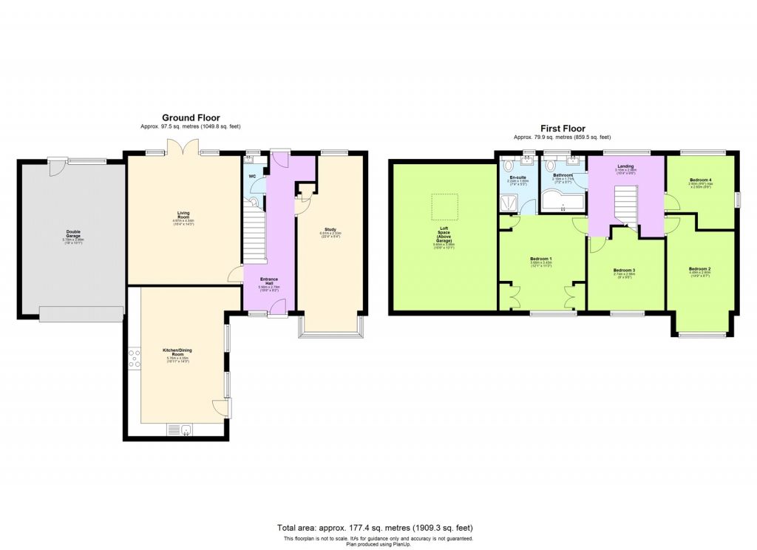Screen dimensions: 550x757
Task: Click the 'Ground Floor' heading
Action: pyautogui.click(x=191, y=118)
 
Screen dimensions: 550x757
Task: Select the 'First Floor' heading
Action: pyautogui.click(x=563, y=129)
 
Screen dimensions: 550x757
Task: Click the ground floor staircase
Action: pyautogui.click(x=254, y=234)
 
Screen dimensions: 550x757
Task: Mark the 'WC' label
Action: pyautogui.click(x=253, y=176)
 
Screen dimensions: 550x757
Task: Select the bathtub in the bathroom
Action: pyautogui.click(x=562, y=200)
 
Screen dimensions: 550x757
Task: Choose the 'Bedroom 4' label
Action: pyautogui.click(x=701, y=180)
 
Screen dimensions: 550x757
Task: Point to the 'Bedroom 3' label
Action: pyautogui.click(x=624, y=271)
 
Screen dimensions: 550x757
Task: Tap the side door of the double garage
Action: pyautogui.click(x=56, y=167)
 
